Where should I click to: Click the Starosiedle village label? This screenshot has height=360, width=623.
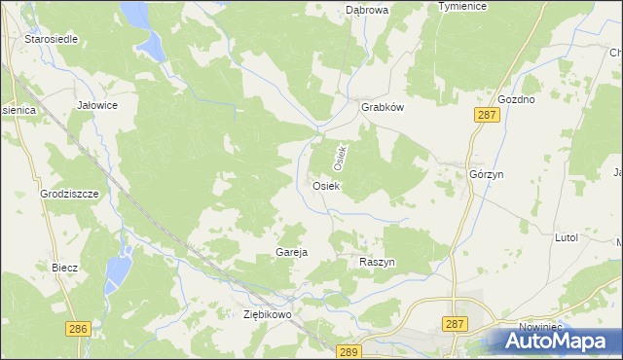pos(52,40)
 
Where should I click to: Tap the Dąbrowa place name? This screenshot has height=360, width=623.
pos(367,11)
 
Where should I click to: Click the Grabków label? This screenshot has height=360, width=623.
pos(383,108)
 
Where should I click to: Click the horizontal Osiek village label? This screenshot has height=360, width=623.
pos(325,185)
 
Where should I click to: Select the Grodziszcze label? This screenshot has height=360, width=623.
pos(70,194)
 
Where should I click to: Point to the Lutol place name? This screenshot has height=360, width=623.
pos(566,237)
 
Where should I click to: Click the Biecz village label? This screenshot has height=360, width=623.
pos(64,267)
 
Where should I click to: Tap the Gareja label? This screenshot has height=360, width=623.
pos(291,253)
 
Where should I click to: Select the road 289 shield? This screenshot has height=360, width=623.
pos(351,351)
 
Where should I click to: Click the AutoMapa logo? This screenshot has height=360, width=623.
pos(558,341)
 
